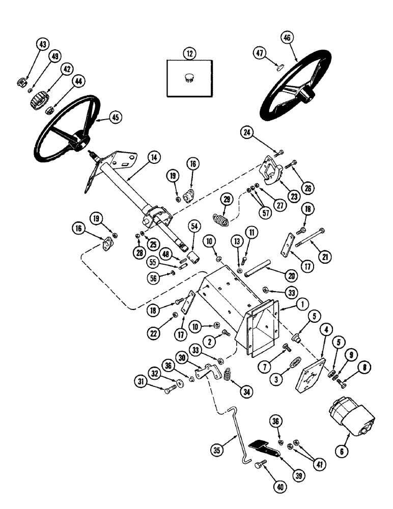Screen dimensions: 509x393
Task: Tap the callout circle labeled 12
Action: [x=189, y=53]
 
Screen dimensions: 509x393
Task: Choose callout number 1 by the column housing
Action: [x=301, y=306]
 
